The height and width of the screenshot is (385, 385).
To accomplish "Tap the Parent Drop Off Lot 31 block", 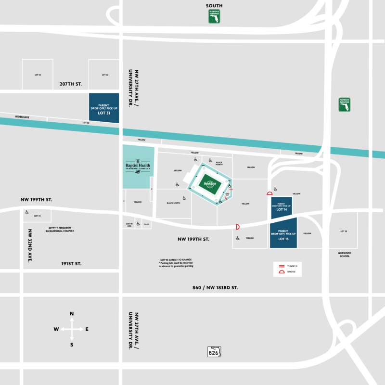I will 104,108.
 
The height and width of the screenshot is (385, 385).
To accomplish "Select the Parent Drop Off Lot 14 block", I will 282,207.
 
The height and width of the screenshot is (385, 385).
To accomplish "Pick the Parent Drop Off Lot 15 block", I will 283,233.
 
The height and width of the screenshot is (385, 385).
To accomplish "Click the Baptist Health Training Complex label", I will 138,165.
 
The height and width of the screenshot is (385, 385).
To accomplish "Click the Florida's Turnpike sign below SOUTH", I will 214,16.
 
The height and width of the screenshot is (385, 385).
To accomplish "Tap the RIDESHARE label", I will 22,116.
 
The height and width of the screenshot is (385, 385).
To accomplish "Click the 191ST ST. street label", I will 71,264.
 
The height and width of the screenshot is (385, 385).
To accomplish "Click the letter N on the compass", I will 72,314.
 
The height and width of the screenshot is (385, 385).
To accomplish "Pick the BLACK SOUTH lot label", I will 173,203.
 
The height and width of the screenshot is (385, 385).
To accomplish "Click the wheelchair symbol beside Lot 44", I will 27,212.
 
